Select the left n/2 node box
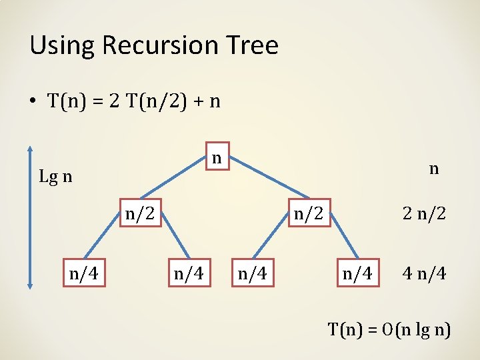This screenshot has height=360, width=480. point(141,213)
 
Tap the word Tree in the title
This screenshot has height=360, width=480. point(253,46)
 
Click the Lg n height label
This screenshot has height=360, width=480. point(56,177)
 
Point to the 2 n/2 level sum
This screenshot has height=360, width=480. point(424,214)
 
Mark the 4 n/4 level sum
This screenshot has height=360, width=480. point(424,273)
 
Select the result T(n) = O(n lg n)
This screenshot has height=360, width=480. point(389,329)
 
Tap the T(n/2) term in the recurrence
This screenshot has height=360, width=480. point(154,101)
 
